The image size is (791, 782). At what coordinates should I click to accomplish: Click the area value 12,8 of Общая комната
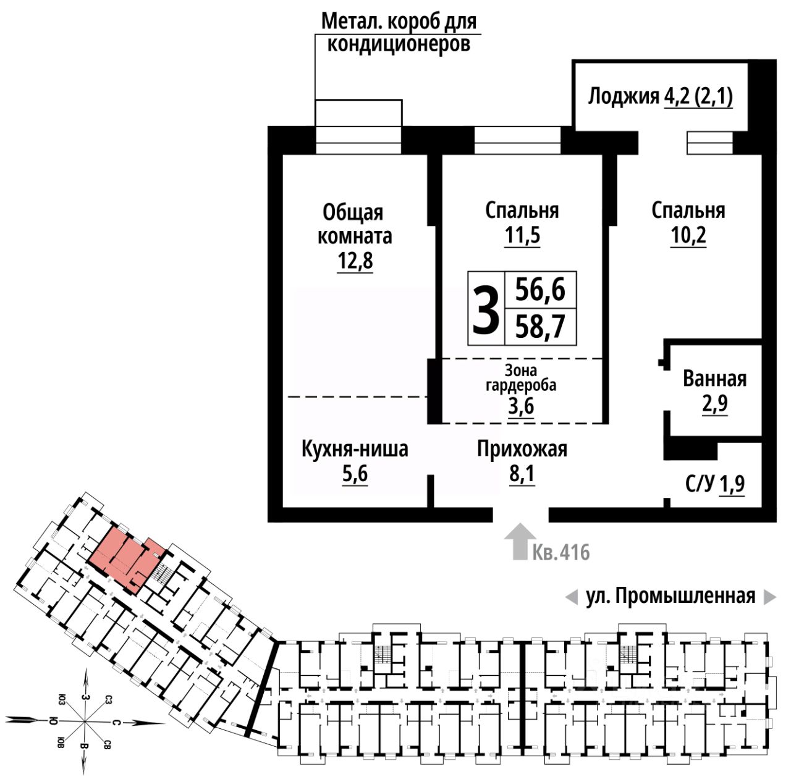355,261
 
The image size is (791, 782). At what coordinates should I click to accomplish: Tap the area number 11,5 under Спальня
522,236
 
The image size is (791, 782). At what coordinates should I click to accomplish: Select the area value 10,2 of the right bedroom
688,236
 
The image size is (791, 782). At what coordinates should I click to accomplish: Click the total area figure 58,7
541,327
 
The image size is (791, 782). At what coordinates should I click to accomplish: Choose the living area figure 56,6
541,289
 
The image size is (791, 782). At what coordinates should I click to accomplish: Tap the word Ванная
714,378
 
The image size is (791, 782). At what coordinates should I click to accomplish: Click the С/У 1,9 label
715,485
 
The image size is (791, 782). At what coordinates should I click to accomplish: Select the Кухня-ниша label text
355,449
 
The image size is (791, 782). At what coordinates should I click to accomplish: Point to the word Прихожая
522,449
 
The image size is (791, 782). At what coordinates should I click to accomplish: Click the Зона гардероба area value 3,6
521,407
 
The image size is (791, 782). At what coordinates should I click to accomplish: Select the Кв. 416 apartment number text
561,552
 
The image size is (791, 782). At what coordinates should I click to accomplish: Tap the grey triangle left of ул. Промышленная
571,597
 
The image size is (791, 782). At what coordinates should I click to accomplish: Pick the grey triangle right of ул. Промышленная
769,597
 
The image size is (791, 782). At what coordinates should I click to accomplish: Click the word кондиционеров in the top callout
399,44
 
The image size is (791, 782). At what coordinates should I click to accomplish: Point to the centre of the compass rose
83,721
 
